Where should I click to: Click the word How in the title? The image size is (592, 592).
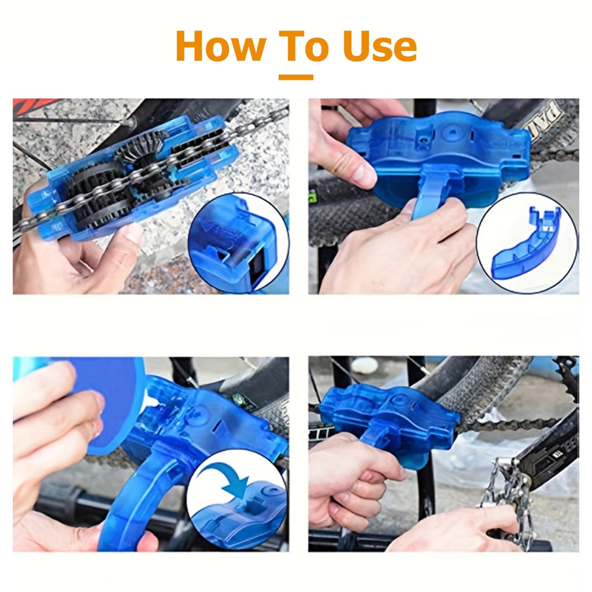[221, 46]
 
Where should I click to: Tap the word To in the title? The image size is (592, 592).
[303, 46]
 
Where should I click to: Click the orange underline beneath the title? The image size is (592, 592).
[295, 77]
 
